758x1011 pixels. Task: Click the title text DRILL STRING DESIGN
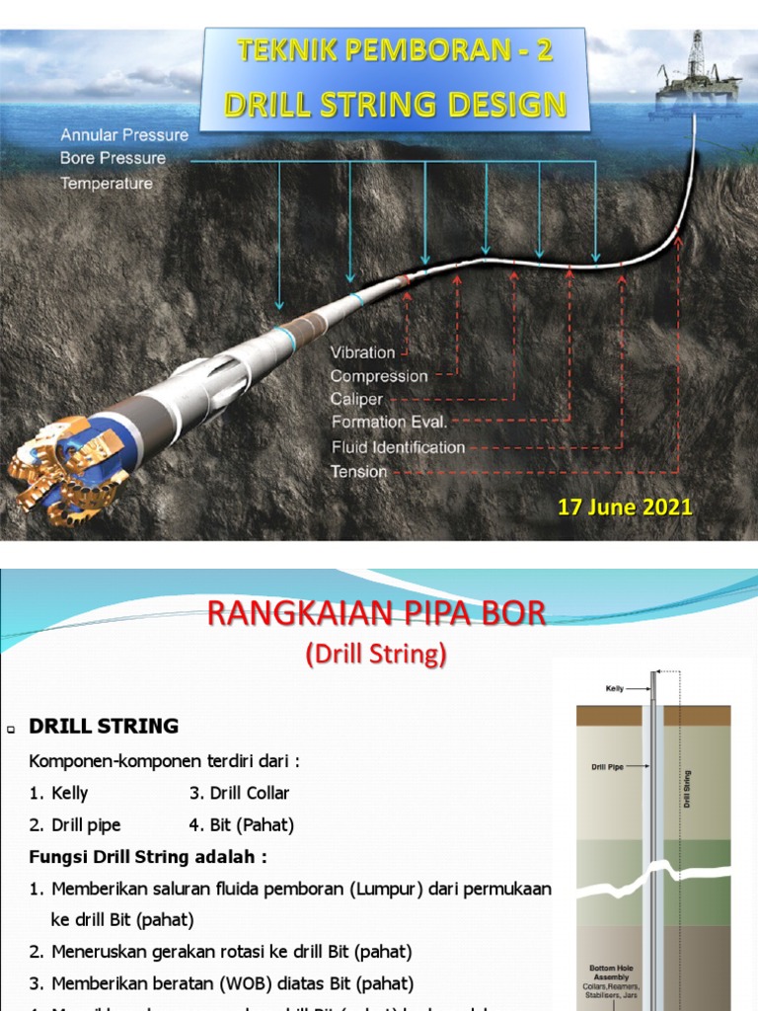click(x=395, y=105)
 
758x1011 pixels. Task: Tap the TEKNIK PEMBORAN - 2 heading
click(x=395, y=52)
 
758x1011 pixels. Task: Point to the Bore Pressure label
click(x=113, y=158)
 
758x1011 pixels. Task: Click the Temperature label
click(x=107, y=184)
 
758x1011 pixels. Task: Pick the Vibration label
click(x=362, y=352)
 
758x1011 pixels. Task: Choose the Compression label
click(x=379, y=376)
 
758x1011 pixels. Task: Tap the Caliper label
click(x=356, y=400)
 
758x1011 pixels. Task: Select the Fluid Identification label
click(x=398, y=447)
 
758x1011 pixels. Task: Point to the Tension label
click(x=358, y=472)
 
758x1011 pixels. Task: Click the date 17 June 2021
click(x=625, y=507)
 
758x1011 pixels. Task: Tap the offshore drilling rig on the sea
click(x=698, y=73)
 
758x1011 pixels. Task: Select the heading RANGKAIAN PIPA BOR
click(x=375, y=614)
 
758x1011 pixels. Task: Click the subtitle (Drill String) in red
click(x=375, y=654)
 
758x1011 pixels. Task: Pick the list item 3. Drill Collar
click(x=239, y=793)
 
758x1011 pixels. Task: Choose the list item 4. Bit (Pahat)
click(x=241, y=824)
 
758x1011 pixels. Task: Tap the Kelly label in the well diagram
click(x=614, y=688)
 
